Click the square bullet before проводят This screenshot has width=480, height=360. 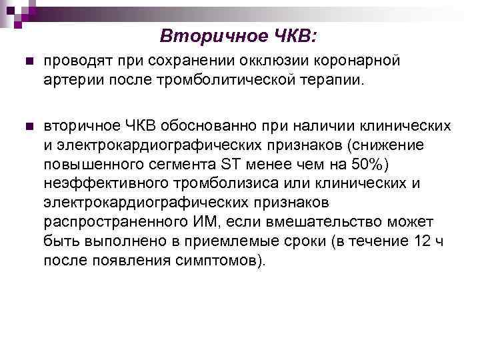pos(27,61)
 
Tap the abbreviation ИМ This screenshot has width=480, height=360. pos(202,222)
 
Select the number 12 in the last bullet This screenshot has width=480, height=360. pos(419,241)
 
